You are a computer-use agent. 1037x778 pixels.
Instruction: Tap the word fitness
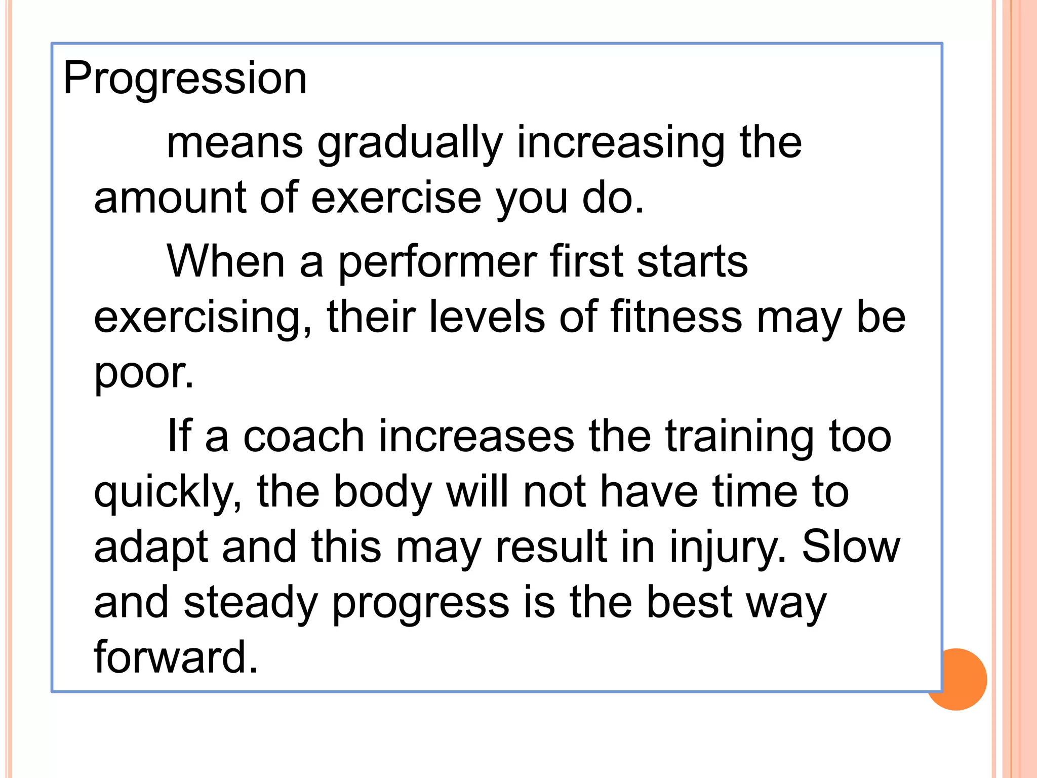coord(676,317)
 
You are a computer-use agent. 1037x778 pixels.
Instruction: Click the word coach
coord(304,437)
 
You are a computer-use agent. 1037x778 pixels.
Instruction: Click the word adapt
coord(151,549)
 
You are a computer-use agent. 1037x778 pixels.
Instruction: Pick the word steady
coord(251,604)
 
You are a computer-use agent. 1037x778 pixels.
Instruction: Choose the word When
coord(226,262)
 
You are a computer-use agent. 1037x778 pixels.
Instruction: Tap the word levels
coord(487,317)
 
